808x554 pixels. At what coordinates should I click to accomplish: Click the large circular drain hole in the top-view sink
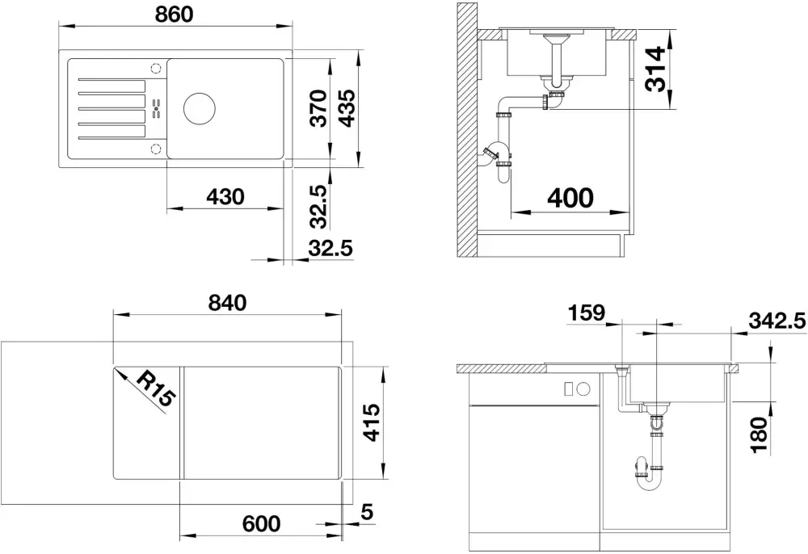pyautogui.click(x=200, y=108)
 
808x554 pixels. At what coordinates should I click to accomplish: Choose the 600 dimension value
pyautogui.click(x=261, y=523)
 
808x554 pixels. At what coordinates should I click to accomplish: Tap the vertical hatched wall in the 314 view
pyautogui.click(x=466, y=129)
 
